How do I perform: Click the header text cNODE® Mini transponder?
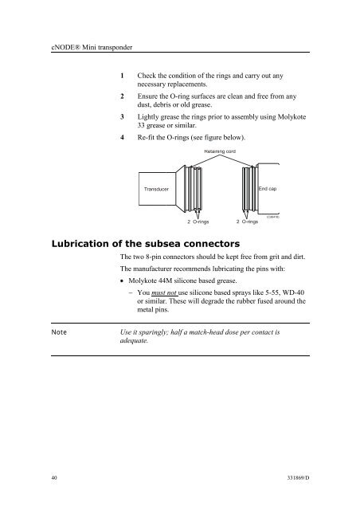(92, 47)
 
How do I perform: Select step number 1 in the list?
(123, 76)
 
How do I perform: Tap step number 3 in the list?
(123, 117)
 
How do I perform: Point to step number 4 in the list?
(123, 137)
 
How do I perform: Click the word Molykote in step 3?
(292, 117)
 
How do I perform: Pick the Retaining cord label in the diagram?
(220, 151)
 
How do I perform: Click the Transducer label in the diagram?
(156, 189)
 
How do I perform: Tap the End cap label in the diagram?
(268, 189)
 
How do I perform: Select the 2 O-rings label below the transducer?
(198, 222)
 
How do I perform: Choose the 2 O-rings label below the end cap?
(247, 222)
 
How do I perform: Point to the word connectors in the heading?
(211, 244)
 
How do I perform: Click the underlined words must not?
(164, 292)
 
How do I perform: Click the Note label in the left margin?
(59, 332)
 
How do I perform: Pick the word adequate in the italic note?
(134, 340)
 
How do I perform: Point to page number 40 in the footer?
(54, 478)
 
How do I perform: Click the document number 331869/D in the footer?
(298, 478)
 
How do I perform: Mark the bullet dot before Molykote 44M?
(122, 281)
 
